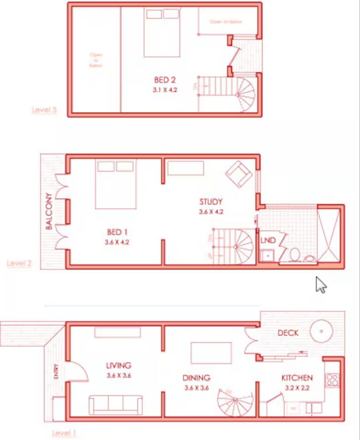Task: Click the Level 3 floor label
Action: [x=44, y=110]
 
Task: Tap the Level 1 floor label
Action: [x=64, y=433]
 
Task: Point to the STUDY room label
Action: [x=211, y=202]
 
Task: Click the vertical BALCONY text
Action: [x=48, y=214]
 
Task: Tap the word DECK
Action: [x=288, y=333]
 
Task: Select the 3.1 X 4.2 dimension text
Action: [x=165, y=90]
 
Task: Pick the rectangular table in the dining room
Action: [x=211, y=353]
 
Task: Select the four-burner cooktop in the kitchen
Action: [x=332, y=380]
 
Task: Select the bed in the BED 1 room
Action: [x=115, y=184]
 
